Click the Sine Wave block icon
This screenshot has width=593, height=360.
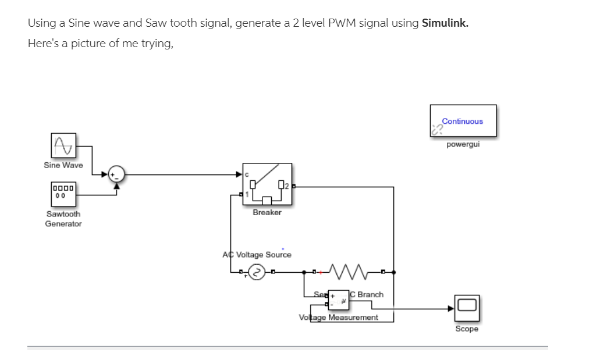[63, 145]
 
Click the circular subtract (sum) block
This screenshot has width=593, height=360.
[117, 173]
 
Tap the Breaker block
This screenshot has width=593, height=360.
[267, 184]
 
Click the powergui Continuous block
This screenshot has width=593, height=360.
[463, 121]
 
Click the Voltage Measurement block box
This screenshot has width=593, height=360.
[339, 299]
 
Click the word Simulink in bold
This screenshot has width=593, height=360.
[445, 23]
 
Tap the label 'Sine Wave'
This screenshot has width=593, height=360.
[63, 165]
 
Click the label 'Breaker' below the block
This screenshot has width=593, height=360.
[267, 213]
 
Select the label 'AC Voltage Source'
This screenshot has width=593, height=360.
[257, 255]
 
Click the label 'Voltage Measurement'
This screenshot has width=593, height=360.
[338, 318]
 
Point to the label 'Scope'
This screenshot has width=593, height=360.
[467, 329]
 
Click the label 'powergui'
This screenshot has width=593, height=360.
[463, 145]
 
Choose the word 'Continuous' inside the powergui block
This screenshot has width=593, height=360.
[462, 122]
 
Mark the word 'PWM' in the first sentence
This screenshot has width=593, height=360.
[339, 23]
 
